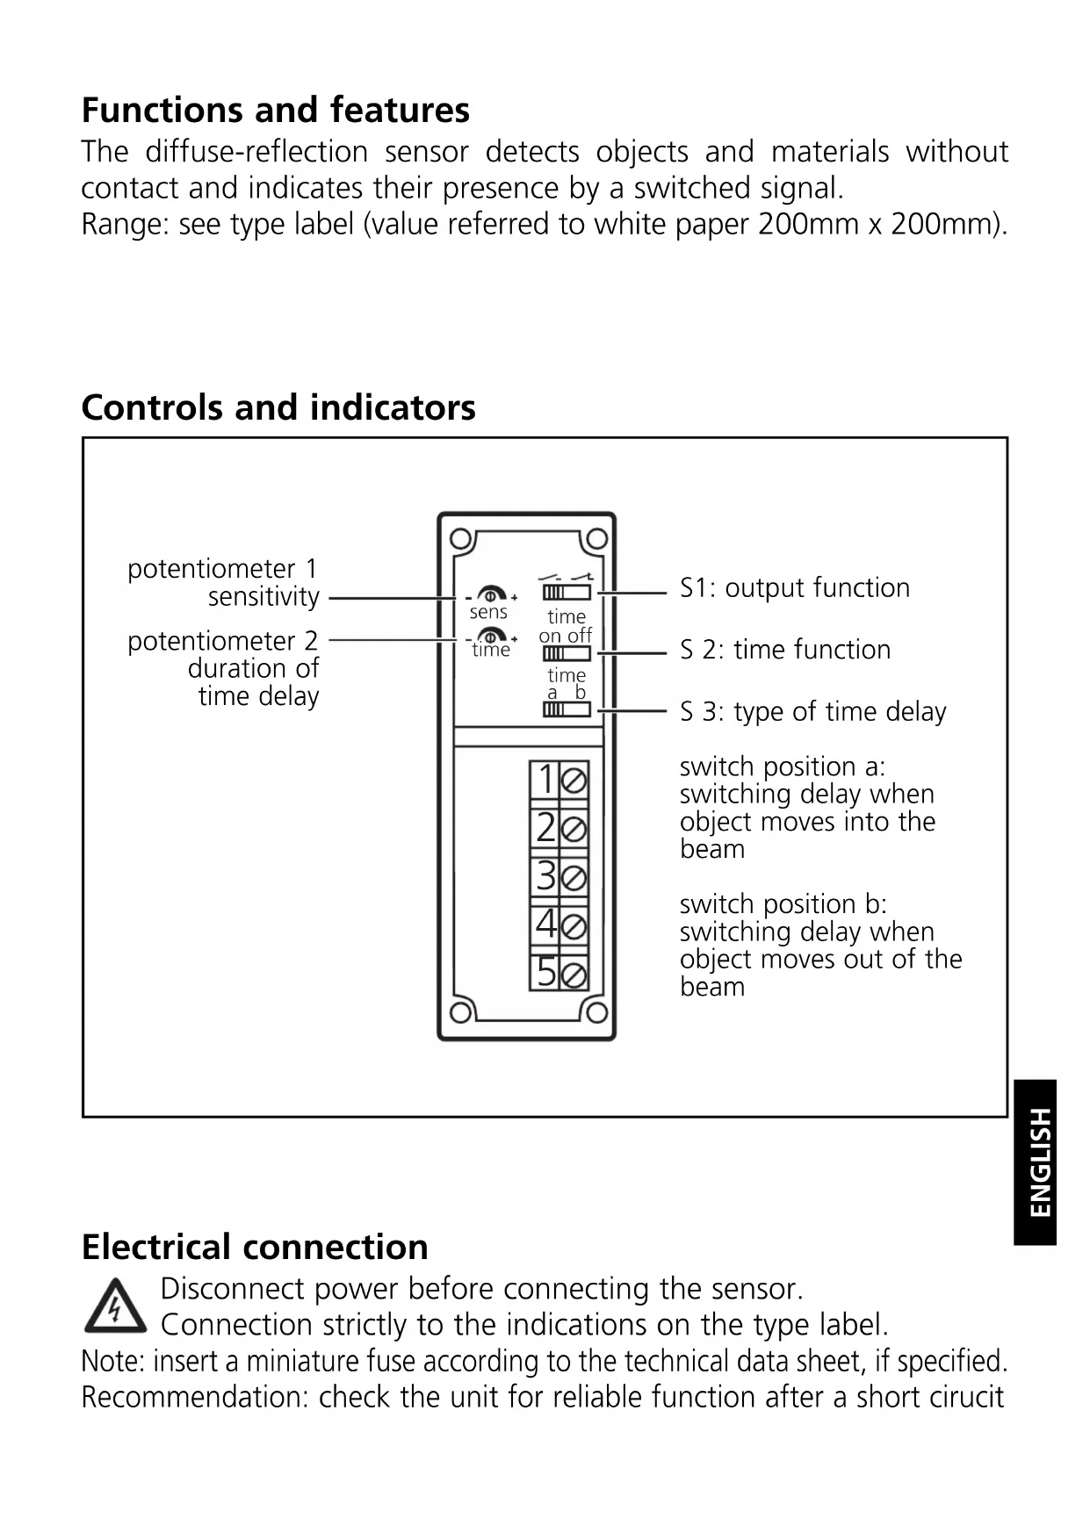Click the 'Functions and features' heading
275,111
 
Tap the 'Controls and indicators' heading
278,408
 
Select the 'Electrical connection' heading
255,1248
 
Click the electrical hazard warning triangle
115,1306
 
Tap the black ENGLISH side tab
1036,1162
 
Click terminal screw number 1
574,780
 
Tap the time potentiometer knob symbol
491,636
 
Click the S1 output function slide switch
567,593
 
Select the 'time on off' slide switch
567,653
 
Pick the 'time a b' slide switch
567,709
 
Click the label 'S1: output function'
794,588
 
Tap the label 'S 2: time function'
784,650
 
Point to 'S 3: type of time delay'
812,712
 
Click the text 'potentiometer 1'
222,569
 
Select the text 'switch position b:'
783,904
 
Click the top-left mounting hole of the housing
458,537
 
